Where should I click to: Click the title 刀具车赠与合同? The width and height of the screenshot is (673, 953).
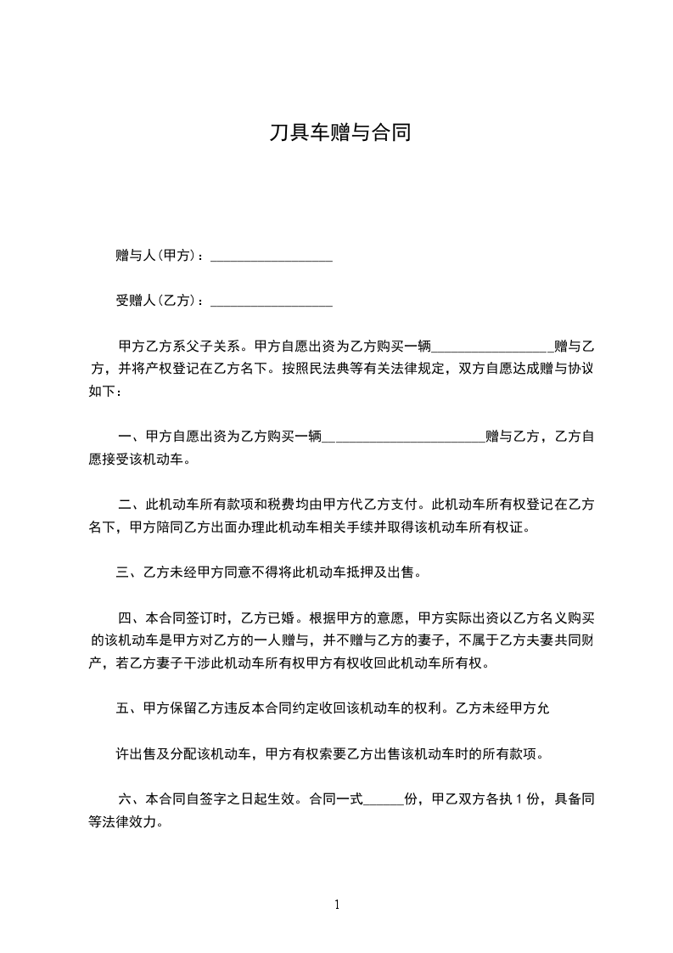click(339, 133)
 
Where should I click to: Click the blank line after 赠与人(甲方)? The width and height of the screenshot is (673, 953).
click(271, 256)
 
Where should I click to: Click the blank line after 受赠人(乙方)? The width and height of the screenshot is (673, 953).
click(271, 301)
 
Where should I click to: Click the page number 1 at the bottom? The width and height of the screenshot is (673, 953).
click(337, 905)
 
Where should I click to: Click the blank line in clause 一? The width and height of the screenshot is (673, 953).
click(404, 437)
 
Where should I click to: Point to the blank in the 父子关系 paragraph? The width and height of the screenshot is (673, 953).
click(492, 347)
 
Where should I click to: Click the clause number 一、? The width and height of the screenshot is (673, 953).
click(131, 437)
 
